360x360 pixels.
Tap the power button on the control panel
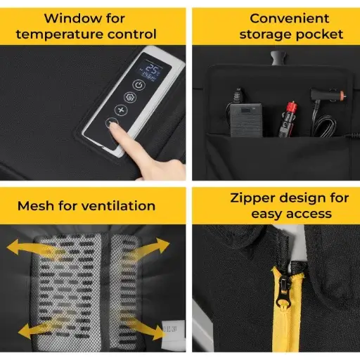(x=139, y=85)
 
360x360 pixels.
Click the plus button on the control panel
(x=121, y=110)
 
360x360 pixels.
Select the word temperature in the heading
(x=59, y=34)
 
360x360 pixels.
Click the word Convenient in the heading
(x=290, y=18)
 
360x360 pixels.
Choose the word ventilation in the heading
(x=119, y=206)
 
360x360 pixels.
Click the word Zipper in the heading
(x=252, y=198)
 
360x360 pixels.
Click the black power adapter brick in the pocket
(x=246, y=120)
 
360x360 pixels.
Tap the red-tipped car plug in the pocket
(x=288, y=119)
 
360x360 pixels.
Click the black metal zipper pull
(x=284, y=292)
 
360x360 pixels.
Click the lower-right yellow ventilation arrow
(x=146, y=328)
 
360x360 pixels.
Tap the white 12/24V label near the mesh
(x=172, y=330)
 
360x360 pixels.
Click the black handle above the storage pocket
(x=278, y=58)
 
